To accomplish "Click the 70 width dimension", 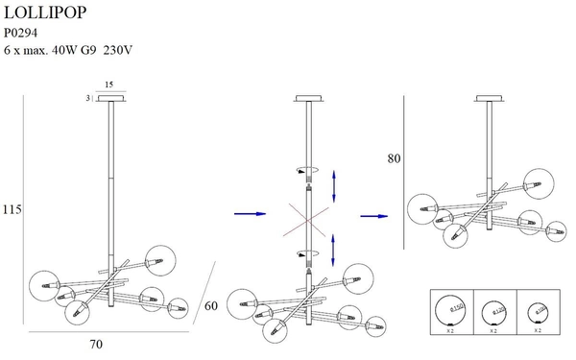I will (x=96, y=343).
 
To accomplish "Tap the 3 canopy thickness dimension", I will (x=87, y=98).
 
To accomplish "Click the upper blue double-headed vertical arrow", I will (x=334, y=183).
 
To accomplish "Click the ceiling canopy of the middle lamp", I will (x=310, y=98).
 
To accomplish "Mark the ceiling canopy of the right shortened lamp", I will (x=489, y=98).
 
